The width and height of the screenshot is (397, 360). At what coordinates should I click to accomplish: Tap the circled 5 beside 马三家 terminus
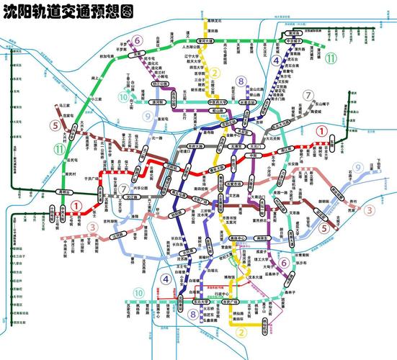(x=55, y=125)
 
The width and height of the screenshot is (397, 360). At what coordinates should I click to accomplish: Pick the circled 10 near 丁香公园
(x=124, y=97)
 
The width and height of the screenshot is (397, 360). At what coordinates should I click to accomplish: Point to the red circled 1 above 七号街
(x=76, y=205)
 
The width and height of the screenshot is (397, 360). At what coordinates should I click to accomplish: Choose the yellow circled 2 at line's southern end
(x=242, y=332)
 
